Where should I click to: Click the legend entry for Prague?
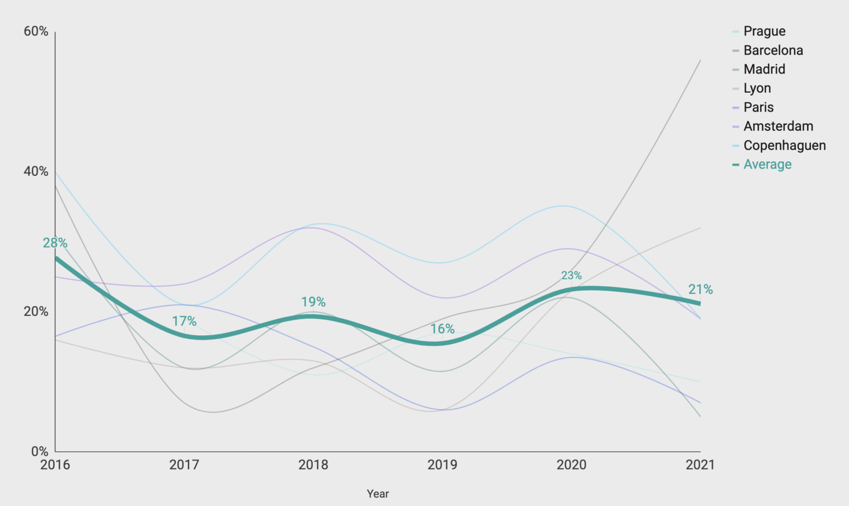pos(764,31)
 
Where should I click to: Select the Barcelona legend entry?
pos(773,50)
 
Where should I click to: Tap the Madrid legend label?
pos(764,69)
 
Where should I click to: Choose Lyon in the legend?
pos(757,88)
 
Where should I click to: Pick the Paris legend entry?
pos(758,107)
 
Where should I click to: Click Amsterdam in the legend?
pos(778,126)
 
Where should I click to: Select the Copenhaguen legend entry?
pos(784,145)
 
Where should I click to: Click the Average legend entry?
pos(767,165)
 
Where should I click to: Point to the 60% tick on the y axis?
pos(36,31)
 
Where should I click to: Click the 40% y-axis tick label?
pos(36,171)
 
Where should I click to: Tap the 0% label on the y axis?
pos(39,451)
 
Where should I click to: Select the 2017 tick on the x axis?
pos(184,465)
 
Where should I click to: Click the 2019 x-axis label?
pos(442,465)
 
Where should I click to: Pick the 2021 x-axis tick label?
pos(700,465)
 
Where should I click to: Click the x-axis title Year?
pos(378,494)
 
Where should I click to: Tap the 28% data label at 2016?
pos(55,243)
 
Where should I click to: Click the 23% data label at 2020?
pos(571,275)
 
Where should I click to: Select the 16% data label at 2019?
pos(442,329)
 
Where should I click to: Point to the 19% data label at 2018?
pos(313,302)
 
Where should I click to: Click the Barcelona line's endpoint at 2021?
pos(700,60)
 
